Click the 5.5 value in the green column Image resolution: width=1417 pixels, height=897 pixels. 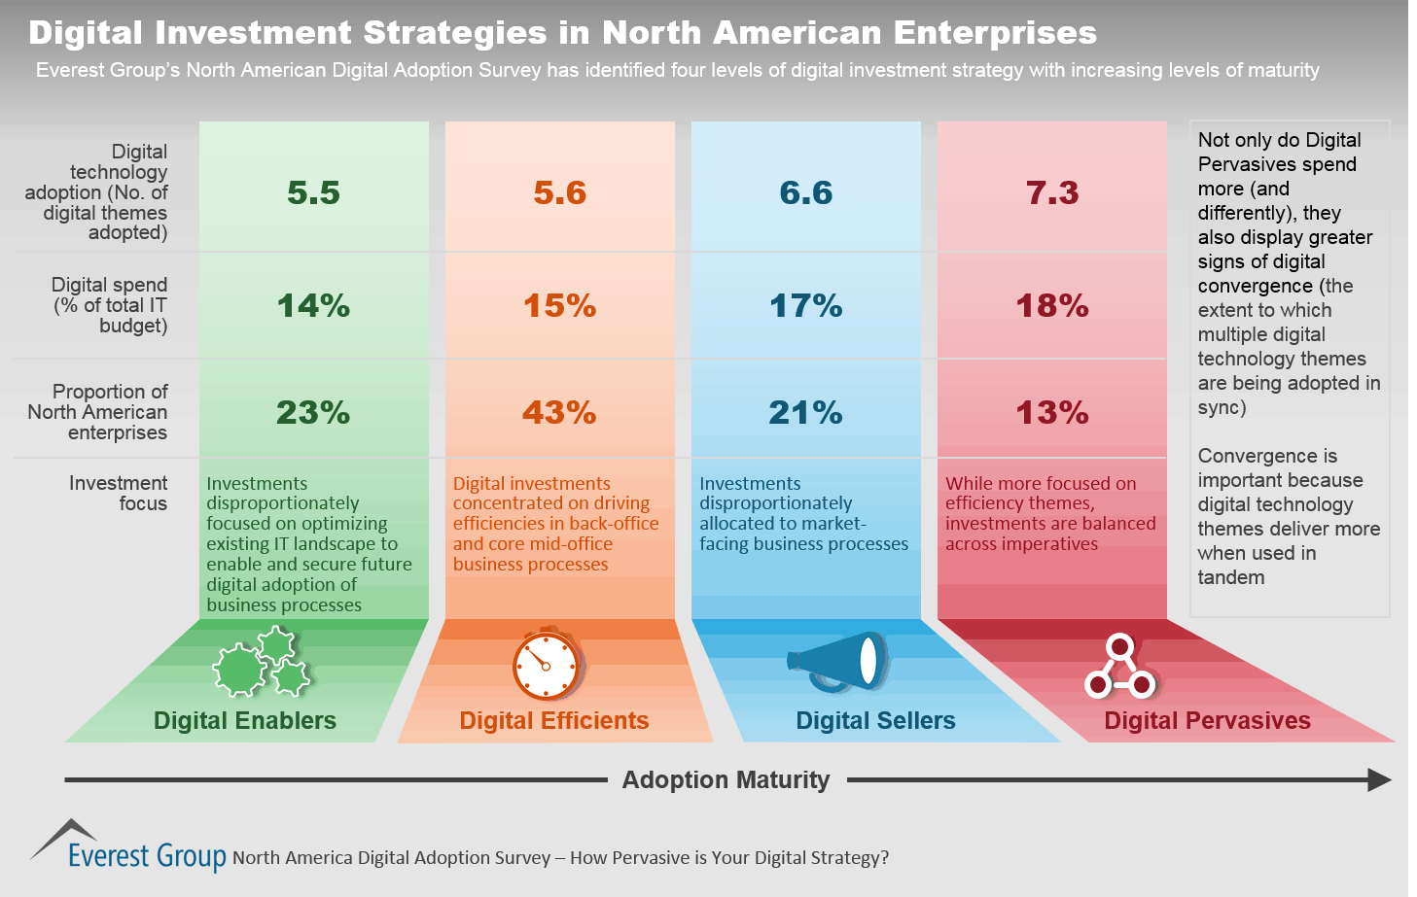pos(313,192)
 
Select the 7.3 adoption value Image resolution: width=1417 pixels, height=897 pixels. pos(1052,192)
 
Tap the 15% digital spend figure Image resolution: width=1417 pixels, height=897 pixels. pos(559,306)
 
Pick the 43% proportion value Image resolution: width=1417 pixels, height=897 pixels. pos(559,413)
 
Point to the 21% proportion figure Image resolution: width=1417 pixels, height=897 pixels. pos(805,413)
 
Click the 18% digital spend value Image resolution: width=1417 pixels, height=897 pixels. pos(1052,306)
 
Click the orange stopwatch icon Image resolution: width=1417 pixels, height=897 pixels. pos(547,665)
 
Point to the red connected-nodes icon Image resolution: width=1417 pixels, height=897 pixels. pos(1119,668)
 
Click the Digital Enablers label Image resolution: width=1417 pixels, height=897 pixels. pos(245,720)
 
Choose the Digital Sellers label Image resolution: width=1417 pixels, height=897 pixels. pos(875,720)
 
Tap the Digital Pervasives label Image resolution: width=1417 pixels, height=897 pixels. pos(1207,720)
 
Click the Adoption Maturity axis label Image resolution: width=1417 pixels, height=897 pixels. pos(726,779)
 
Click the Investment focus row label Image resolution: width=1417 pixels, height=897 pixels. pos(118,493)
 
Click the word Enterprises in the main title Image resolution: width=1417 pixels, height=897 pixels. pos(995,33)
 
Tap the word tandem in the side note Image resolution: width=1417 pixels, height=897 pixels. pos(1231,577)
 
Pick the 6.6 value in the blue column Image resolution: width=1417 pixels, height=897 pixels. pos(805,192)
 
